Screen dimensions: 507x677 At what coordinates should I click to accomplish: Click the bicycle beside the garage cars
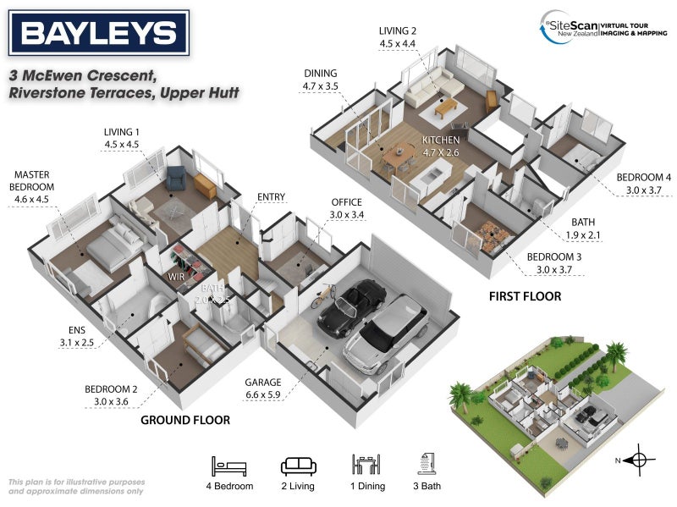click(322, 297)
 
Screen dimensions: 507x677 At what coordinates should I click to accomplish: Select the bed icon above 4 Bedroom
click(230, 465)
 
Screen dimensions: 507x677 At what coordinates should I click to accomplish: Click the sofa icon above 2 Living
click(297, 465)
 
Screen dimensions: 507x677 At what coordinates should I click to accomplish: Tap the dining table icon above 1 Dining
click(366, 465)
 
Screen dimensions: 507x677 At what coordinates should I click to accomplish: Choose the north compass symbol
click(639, 460)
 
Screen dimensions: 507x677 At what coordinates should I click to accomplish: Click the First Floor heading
click(525, 297)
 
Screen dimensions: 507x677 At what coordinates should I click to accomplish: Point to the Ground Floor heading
click(185, 420)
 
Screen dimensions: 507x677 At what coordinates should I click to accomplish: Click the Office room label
click(347, 202)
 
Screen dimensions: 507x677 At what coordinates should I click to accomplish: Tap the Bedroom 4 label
click(643, 177)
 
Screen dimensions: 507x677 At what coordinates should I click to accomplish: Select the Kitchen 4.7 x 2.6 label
click(442, 140)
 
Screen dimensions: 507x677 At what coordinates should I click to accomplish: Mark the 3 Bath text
click(427, 487)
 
